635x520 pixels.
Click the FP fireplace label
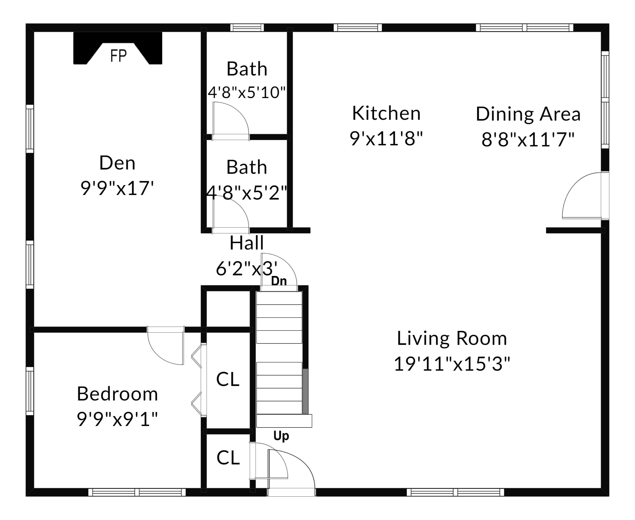119,56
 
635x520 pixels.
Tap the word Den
117,163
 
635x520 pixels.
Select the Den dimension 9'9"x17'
117,188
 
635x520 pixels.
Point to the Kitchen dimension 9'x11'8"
386,138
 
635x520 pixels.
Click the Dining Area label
528,114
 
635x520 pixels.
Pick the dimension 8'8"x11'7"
528,139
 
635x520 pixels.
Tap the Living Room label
452,339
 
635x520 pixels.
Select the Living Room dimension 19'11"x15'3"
452,364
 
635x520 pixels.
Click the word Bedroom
117,394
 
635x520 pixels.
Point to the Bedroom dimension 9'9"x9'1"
117,419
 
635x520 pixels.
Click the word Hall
247,243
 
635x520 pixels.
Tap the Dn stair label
279,281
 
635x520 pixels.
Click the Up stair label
281,436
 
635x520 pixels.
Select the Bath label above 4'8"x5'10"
247,69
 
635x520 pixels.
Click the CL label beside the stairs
228,379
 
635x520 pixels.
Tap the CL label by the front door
228,458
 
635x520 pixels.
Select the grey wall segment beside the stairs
305,391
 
